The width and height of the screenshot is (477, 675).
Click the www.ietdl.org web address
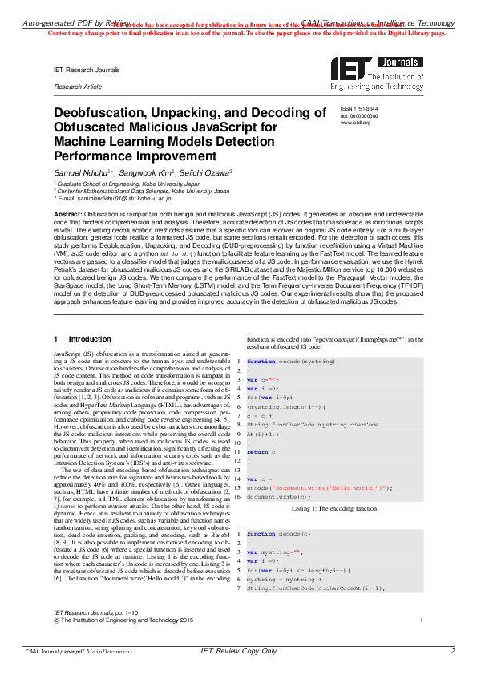[x=355, y=123]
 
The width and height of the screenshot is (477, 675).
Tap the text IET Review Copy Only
[x=237, y=651]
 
